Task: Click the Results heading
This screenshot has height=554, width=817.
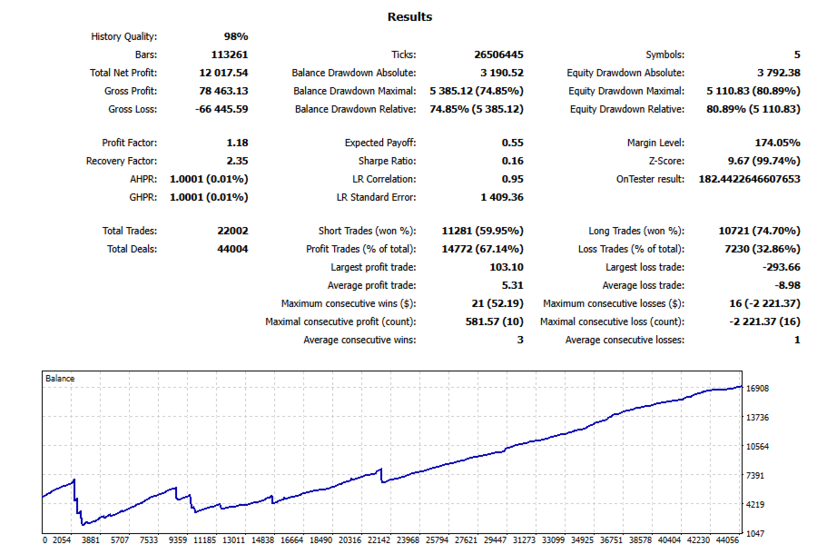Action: (x=409, y=16)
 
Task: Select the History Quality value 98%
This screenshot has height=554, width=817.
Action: (x=236, y=36)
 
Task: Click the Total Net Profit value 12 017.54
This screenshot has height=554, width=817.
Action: (x=223, y=73)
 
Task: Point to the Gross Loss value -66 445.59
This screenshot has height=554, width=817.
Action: (x=221, y=109)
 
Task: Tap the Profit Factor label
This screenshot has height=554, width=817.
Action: (x=129, y=143)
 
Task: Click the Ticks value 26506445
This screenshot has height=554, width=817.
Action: (x=498, y=54)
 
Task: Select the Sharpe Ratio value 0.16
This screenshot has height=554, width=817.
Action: (x=512, y=161)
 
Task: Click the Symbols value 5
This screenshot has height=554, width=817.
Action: (x=796, y=54)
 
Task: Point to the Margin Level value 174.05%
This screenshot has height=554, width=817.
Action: (x=774, y=143)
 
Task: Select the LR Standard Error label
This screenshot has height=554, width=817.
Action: (x=376, y=197)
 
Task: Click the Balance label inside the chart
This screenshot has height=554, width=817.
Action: (x=60, y=378)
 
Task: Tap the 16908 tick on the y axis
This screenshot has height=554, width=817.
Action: (x=757, y=388)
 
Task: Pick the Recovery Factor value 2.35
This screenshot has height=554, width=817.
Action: (x=236, y=161)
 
